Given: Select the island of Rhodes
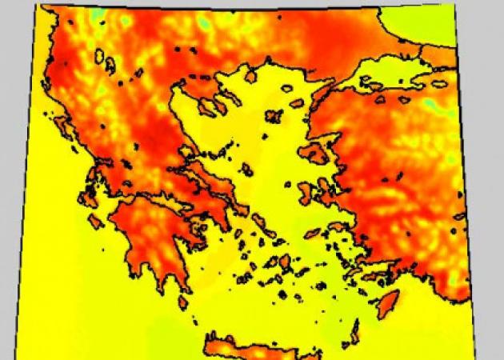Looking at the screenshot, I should [390, 303].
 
